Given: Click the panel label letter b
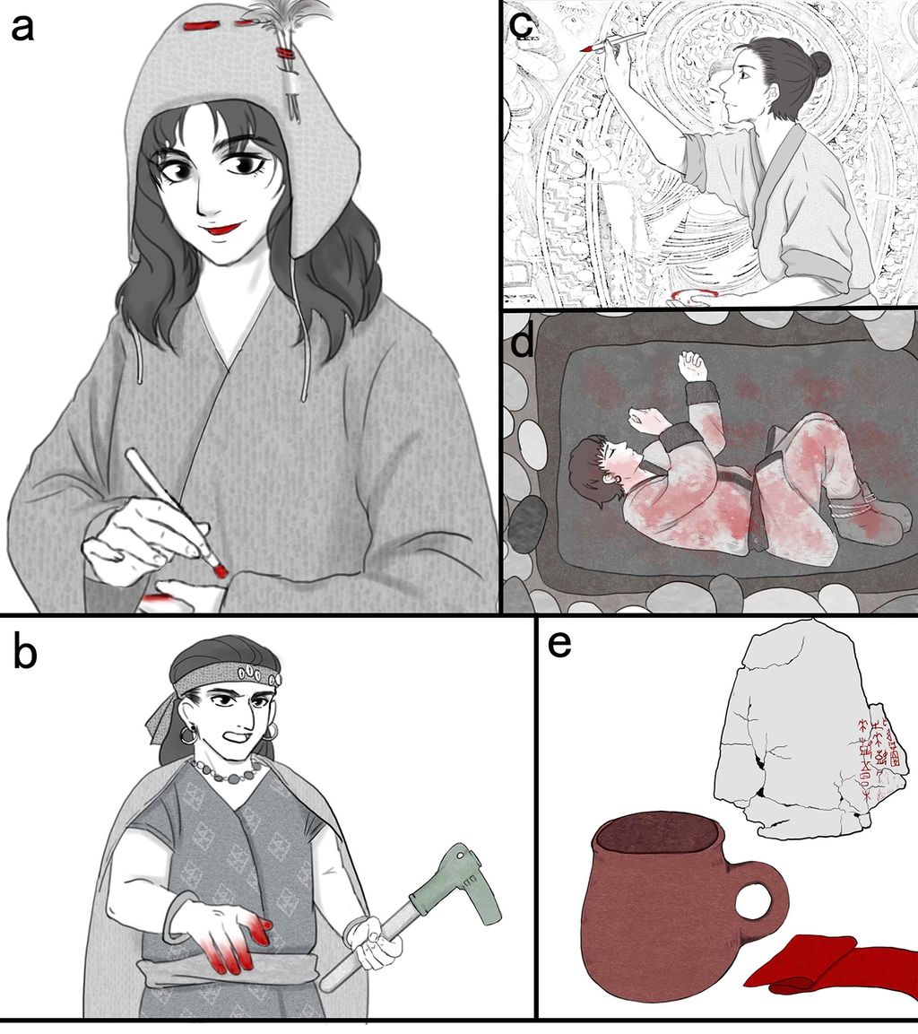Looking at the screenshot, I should click(x=25, y=655).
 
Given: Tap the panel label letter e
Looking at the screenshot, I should click(x=559, y=645).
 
